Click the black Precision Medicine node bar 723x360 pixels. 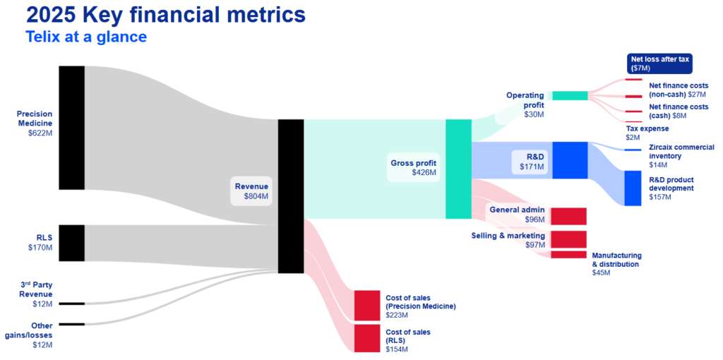coord(71,127)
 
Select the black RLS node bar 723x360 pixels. coord(71,243)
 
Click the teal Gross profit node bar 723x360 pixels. coord(458,169)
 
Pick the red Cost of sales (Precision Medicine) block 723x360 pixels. coord(366,305)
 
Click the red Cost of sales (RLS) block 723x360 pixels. coord(366,337)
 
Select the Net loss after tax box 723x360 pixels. coord(659,64)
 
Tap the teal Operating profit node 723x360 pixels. coord(569,95)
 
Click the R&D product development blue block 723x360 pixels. coord(633,188)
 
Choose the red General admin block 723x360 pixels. coord(568,216)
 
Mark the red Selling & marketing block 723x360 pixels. coord(568,239)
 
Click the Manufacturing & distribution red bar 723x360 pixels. coord(568,255)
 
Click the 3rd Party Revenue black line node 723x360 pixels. coord(71,304)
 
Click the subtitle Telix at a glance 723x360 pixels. coord(86,37)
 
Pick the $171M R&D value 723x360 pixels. coord(534,167)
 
